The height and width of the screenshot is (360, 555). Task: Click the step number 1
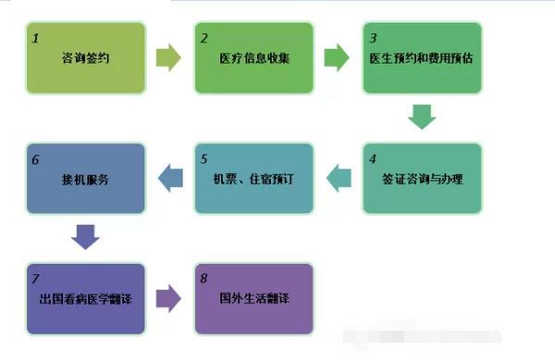click(x=35, y=39)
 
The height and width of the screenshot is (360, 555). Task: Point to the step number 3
click(x=373, y=39)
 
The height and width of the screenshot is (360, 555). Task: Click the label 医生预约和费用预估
click(x=423, y=58)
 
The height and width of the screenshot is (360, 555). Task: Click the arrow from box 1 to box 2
click(x=169, y=58)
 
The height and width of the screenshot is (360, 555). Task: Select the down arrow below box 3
click(x=423, y=117)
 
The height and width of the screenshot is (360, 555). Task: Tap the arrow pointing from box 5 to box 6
click(x=169, y=178)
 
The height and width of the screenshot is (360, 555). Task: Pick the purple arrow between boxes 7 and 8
click(x=169, y=298)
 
